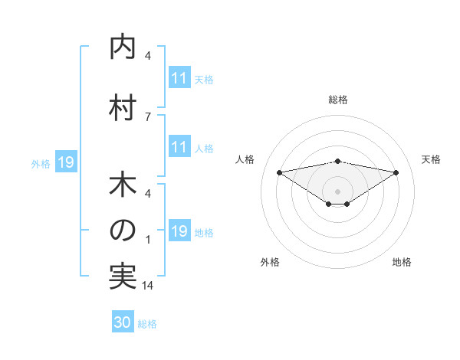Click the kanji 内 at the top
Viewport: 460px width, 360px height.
point(123,47)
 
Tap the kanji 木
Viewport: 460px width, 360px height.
point(123,185)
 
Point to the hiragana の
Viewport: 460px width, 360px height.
point(123,231)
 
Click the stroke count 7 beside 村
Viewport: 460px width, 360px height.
point(147,116)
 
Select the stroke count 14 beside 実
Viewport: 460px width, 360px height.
point(147,286)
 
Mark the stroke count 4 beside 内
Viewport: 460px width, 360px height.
point(147,55)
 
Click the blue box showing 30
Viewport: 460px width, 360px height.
point(123,322)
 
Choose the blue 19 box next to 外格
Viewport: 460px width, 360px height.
point(65,162)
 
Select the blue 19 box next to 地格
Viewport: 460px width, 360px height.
point(179,231)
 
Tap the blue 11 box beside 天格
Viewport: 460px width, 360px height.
point(179,78)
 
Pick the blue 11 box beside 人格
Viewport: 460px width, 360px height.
point(179,147)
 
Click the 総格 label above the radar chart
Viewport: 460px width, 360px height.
point(338,100)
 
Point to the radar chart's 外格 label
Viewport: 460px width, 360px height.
point(270,262)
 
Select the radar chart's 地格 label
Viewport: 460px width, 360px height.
point(402,262)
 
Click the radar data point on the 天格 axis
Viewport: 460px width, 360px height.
point(396,173)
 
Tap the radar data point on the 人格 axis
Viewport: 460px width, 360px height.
point(279,172)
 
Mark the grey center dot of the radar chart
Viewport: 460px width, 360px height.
point(337,191)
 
